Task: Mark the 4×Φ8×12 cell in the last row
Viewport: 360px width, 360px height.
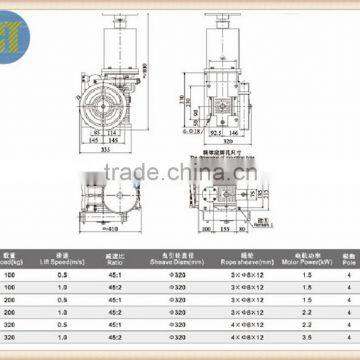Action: [245, 342]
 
